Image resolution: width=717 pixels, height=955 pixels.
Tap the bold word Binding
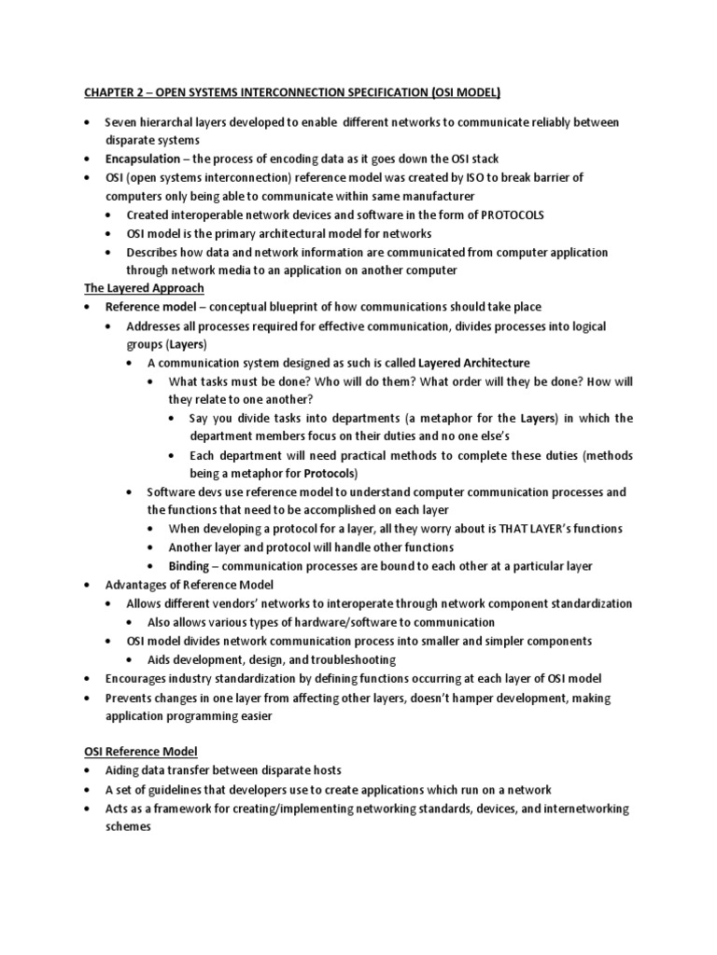coord(190,566)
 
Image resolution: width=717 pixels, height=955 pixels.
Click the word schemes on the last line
coord(128,825)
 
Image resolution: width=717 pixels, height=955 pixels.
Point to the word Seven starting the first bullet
coord(121,122)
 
